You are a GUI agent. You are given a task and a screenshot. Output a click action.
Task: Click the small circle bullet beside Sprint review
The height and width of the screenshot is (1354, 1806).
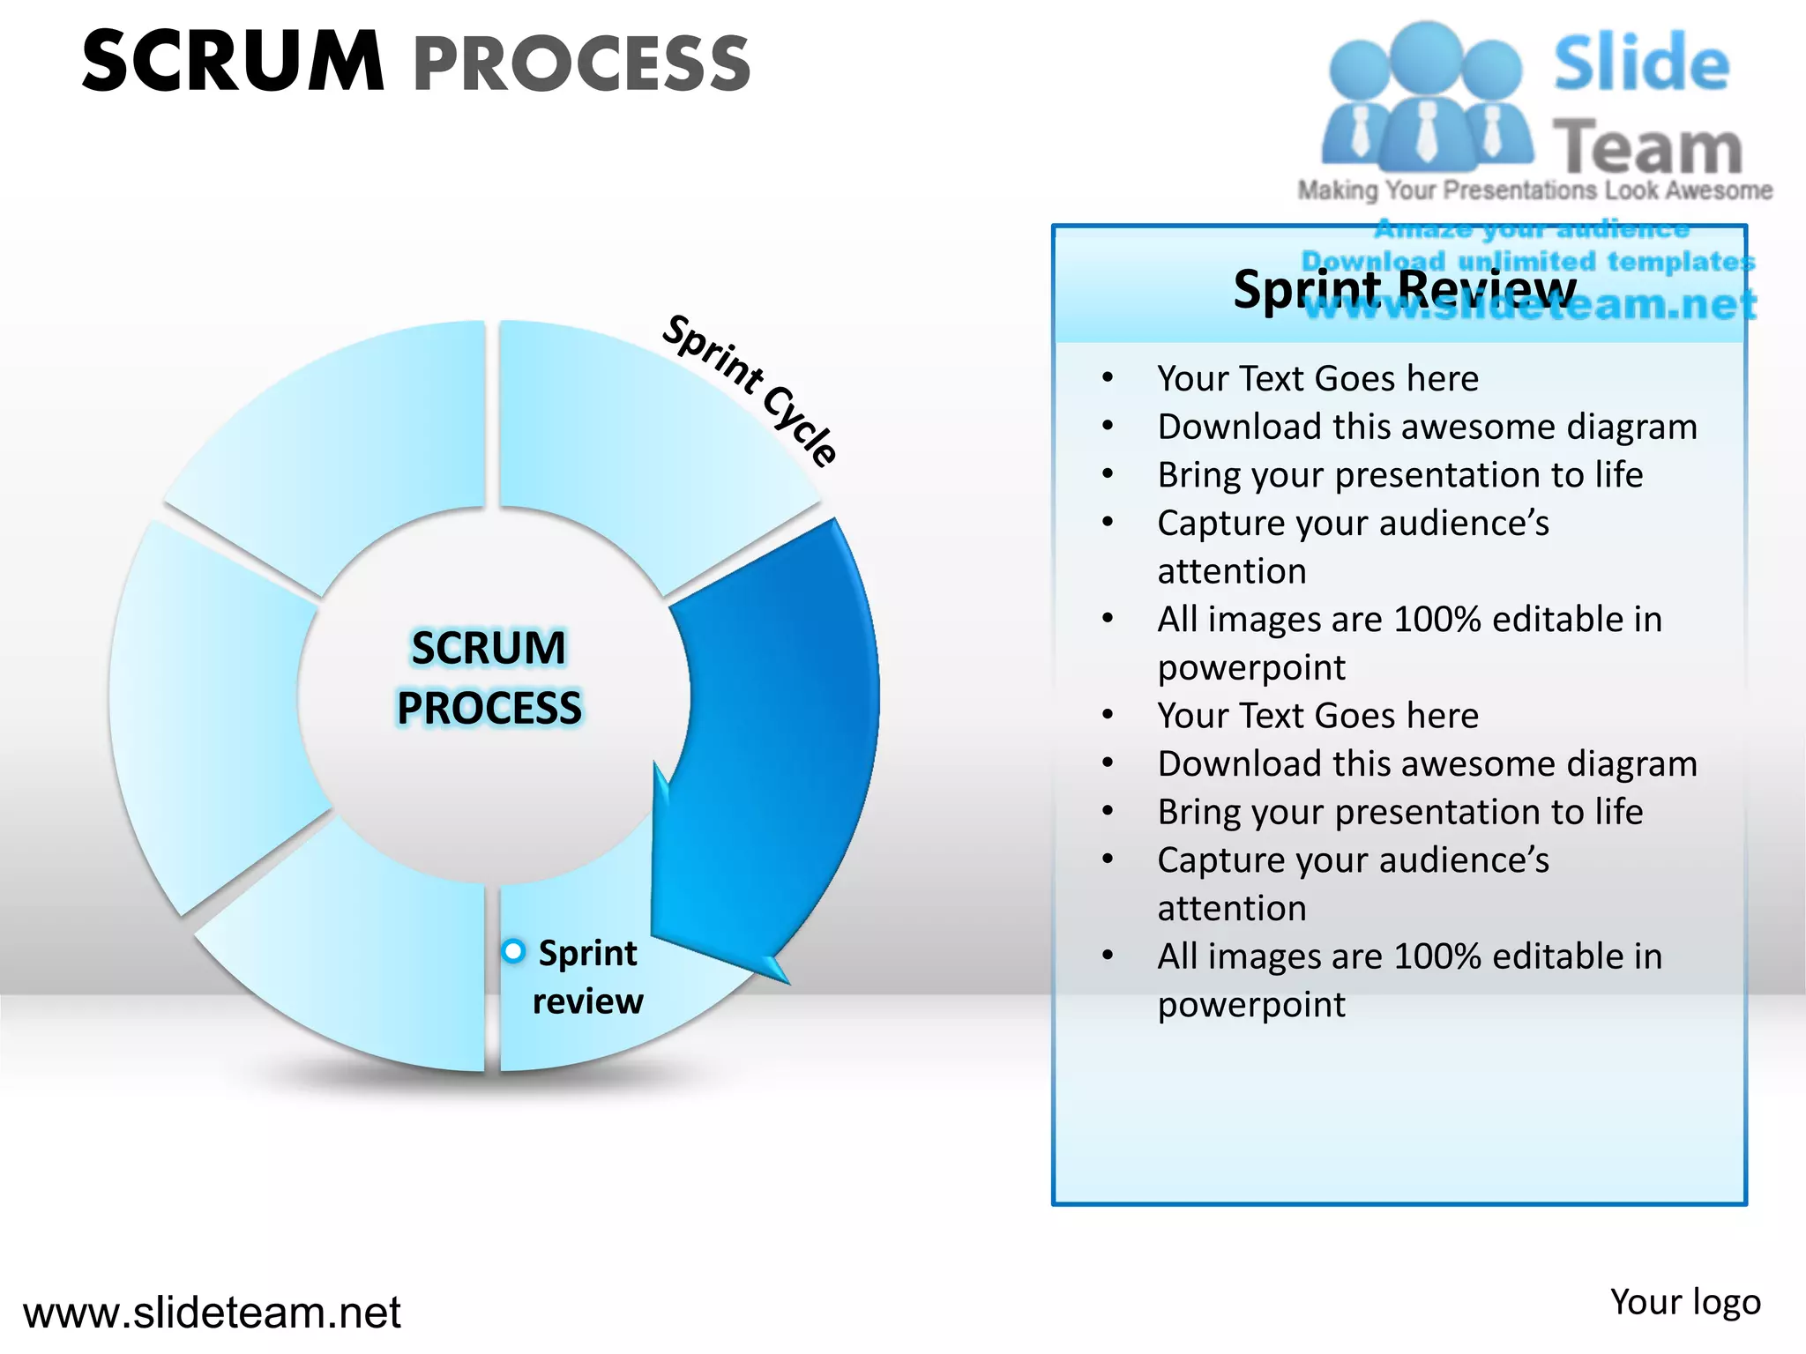click(513, 951)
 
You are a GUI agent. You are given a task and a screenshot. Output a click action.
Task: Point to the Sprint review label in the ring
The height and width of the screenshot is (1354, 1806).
click(587, 977)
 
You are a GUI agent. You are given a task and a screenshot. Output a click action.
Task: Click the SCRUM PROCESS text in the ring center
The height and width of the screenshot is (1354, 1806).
click(489, 678)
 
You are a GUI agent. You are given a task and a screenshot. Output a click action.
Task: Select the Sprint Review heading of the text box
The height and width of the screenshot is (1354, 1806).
click(1404, 289)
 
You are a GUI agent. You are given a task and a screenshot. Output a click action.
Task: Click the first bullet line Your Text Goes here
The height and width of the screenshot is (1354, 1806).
click(1317, 379)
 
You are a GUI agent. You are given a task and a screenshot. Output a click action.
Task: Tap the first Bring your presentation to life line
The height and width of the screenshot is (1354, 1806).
click(1399, 475)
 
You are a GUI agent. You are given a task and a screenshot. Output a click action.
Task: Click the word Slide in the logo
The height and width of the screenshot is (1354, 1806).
click(1641, 63)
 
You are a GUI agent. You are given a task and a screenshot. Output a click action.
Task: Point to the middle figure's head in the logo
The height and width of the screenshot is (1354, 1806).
click(1426, 55)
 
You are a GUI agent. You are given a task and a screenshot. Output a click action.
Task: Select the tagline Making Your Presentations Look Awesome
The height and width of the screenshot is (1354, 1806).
click(1534, 190)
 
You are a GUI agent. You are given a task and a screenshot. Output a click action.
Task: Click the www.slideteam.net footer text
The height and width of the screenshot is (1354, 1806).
click(212, 1313)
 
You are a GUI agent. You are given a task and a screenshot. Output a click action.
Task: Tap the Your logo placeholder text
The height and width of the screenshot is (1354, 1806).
click(1684, 1302)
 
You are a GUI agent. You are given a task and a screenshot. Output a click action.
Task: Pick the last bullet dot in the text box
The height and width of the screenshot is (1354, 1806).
click(1108, 956)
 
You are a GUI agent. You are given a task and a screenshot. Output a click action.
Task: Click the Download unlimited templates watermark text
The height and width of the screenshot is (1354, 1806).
click(1527, 262)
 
